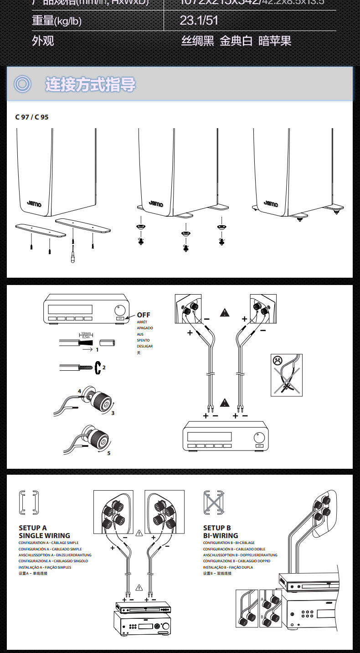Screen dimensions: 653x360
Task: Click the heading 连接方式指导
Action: point(90,84)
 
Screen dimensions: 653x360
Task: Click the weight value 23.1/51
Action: point(199,20)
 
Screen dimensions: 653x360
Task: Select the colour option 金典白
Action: point(236,41)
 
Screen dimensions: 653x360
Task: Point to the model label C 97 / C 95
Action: point(32,117)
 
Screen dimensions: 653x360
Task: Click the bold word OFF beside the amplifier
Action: point(144,315)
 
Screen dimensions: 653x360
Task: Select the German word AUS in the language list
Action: point(140,334)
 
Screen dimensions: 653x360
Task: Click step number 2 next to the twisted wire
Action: point(104,367)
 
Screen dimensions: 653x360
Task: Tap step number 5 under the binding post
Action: point(108,453)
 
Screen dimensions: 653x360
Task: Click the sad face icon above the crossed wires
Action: point(277,360)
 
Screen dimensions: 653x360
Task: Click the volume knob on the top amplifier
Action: point(120,309)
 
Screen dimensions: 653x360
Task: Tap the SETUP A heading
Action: point(33,528)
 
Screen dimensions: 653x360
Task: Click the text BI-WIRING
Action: point(221,535)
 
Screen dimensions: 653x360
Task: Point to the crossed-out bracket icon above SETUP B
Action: point(214,503)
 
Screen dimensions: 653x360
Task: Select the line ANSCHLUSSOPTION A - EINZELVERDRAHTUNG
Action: point(55,555)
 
